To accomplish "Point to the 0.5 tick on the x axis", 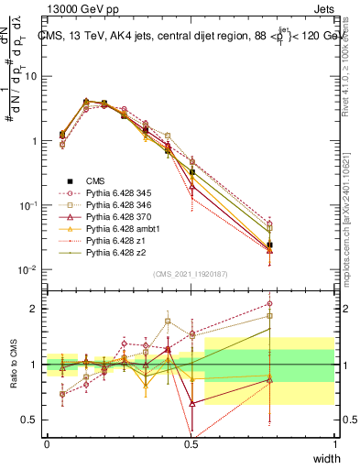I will pyautogui.click(x=191, y=444).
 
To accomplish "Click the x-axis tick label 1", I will pyautogui.click(x=335, y=444).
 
